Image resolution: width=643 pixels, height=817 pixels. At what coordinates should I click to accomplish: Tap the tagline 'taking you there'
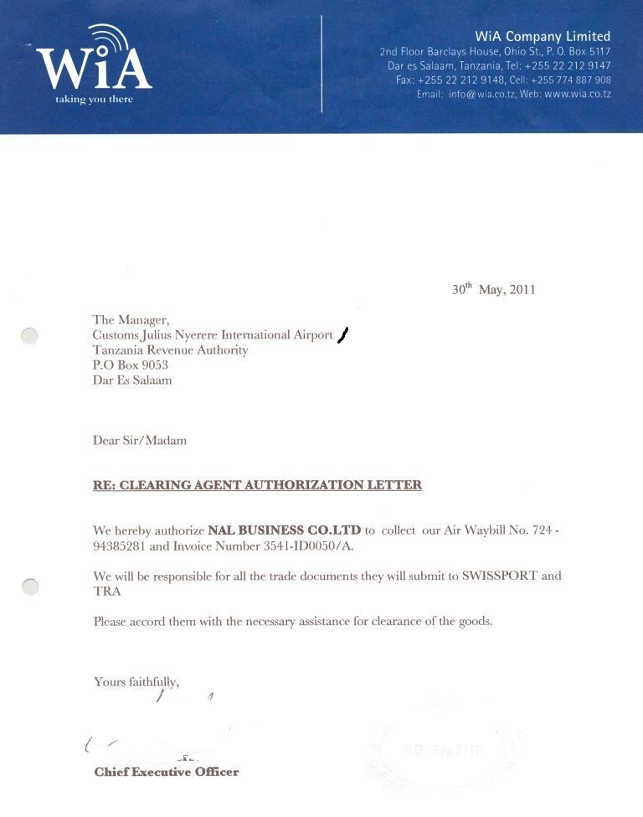tap(94, 100)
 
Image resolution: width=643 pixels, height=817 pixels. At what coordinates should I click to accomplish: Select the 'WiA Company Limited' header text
tap(543, 36)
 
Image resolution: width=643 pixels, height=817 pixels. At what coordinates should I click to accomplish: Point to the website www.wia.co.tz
tap(578, 94)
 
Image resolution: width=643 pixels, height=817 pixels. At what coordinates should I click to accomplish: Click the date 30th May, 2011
tap(493, 289)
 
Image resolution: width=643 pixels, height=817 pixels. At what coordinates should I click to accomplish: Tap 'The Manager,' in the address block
tap(131, 319)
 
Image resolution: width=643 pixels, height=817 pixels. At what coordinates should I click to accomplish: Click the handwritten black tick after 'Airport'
tap(342, 335)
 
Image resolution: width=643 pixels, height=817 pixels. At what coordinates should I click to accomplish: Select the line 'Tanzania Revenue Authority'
tap(170, 350)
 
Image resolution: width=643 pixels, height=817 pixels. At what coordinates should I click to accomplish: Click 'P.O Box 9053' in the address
tap(130, 365)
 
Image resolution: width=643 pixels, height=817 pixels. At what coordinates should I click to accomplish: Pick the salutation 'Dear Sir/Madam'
tap(140, 440)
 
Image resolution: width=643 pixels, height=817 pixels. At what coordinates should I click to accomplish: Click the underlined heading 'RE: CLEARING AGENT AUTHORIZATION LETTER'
tap(257, 485)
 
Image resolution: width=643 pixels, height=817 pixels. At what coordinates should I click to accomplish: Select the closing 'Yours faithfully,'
tap(136, 682)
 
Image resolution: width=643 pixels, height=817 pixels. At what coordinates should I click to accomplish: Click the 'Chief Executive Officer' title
tap(167, 772)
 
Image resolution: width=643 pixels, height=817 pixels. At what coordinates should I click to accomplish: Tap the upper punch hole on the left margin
tap(29, 336)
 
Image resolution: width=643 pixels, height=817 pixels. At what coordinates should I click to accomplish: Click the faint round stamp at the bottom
tap(442, 751)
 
